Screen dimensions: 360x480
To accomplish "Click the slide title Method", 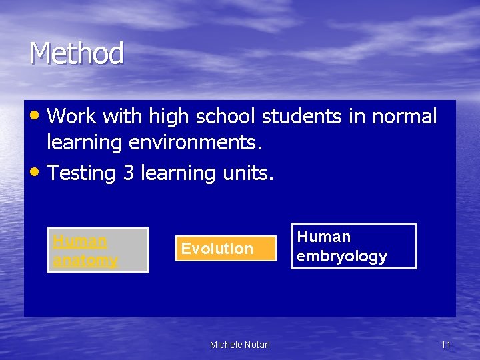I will [76, 53].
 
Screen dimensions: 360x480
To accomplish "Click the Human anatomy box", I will [97, 250].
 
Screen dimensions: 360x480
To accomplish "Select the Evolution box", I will [225, 249].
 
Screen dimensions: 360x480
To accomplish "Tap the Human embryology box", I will [353, 246].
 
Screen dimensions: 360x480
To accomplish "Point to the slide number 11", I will [446, 345].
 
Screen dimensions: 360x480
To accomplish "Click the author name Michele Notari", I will [240, 345].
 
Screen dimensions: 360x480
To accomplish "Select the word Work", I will [72, 117].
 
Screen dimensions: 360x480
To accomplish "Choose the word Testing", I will [82, 173].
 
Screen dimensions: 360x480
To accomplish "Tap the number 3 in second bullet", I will [129, 173].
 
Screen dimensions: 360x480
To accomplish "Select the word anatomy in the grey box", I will [85, 260].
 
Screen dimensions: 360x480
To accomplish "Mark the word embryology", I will [342, 257].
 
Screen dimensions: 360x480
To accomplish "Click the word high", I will [169, 117].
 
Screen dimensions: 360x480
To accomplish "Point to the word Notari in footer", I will [257, 345].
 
